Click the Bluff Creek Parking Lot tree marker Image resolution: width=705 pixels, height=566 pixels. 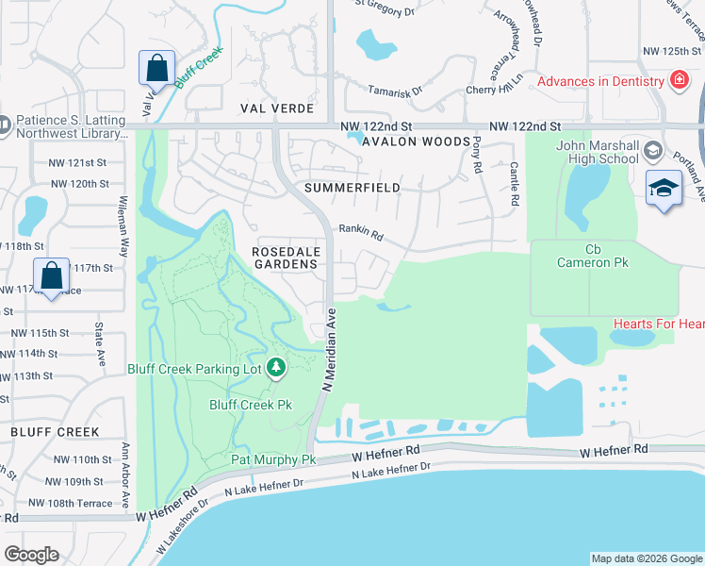click(x=275, y=367)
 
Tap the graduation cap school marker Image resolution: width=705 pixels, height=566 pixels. click(x=664, y=188)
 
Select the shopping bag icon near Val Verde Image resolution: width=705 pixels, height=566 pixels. click(x=156, y=68)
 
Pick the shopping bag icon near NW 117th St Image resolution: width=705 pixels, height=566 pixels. click(x=52, y=275)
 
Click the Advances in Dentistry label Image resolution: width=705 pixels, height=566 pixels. click(x=601, y=81)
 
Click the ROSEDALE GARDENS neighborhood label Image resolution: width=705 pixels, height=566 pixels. click(x=287, y=258)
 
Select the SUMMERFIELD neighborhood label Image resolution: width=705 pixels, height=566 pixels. click(x=352, y=188)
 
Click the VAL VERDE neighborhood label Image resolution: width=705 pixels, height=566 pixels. click(x=250, y=108)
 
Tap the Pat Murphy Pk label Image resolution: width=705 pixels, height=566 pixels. click(x=273, y=459)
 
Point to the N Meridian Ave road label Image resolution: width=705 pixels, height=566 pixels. click(x=330, y=348)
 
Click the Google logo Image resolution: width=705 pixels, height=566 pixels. click(x=31, y=555)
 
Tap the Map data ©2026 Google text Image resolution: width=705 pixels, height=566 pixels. click(x=646, y=558)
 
